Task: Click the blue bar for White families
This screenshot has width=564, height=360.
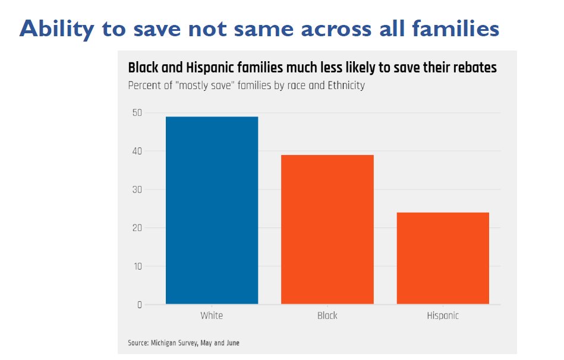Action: coord(212,210)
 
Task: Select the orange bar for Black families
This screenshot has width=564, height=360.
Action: coord(327,229)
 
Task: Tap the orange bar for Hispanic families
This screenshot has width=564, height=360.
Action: coord(443,258)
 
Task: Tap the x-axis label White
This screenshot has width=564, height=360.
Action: coord(212,315)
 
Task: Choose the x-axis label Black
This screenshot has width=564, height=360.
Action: coord(327,315)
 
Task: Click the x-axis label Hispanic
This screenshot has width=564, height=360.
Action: coord(443,315)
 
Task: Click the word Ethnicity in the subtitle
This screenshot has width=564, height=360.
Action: coord(344,85)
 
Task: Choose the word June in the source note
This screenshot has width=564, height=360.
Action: coord(232,343)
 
